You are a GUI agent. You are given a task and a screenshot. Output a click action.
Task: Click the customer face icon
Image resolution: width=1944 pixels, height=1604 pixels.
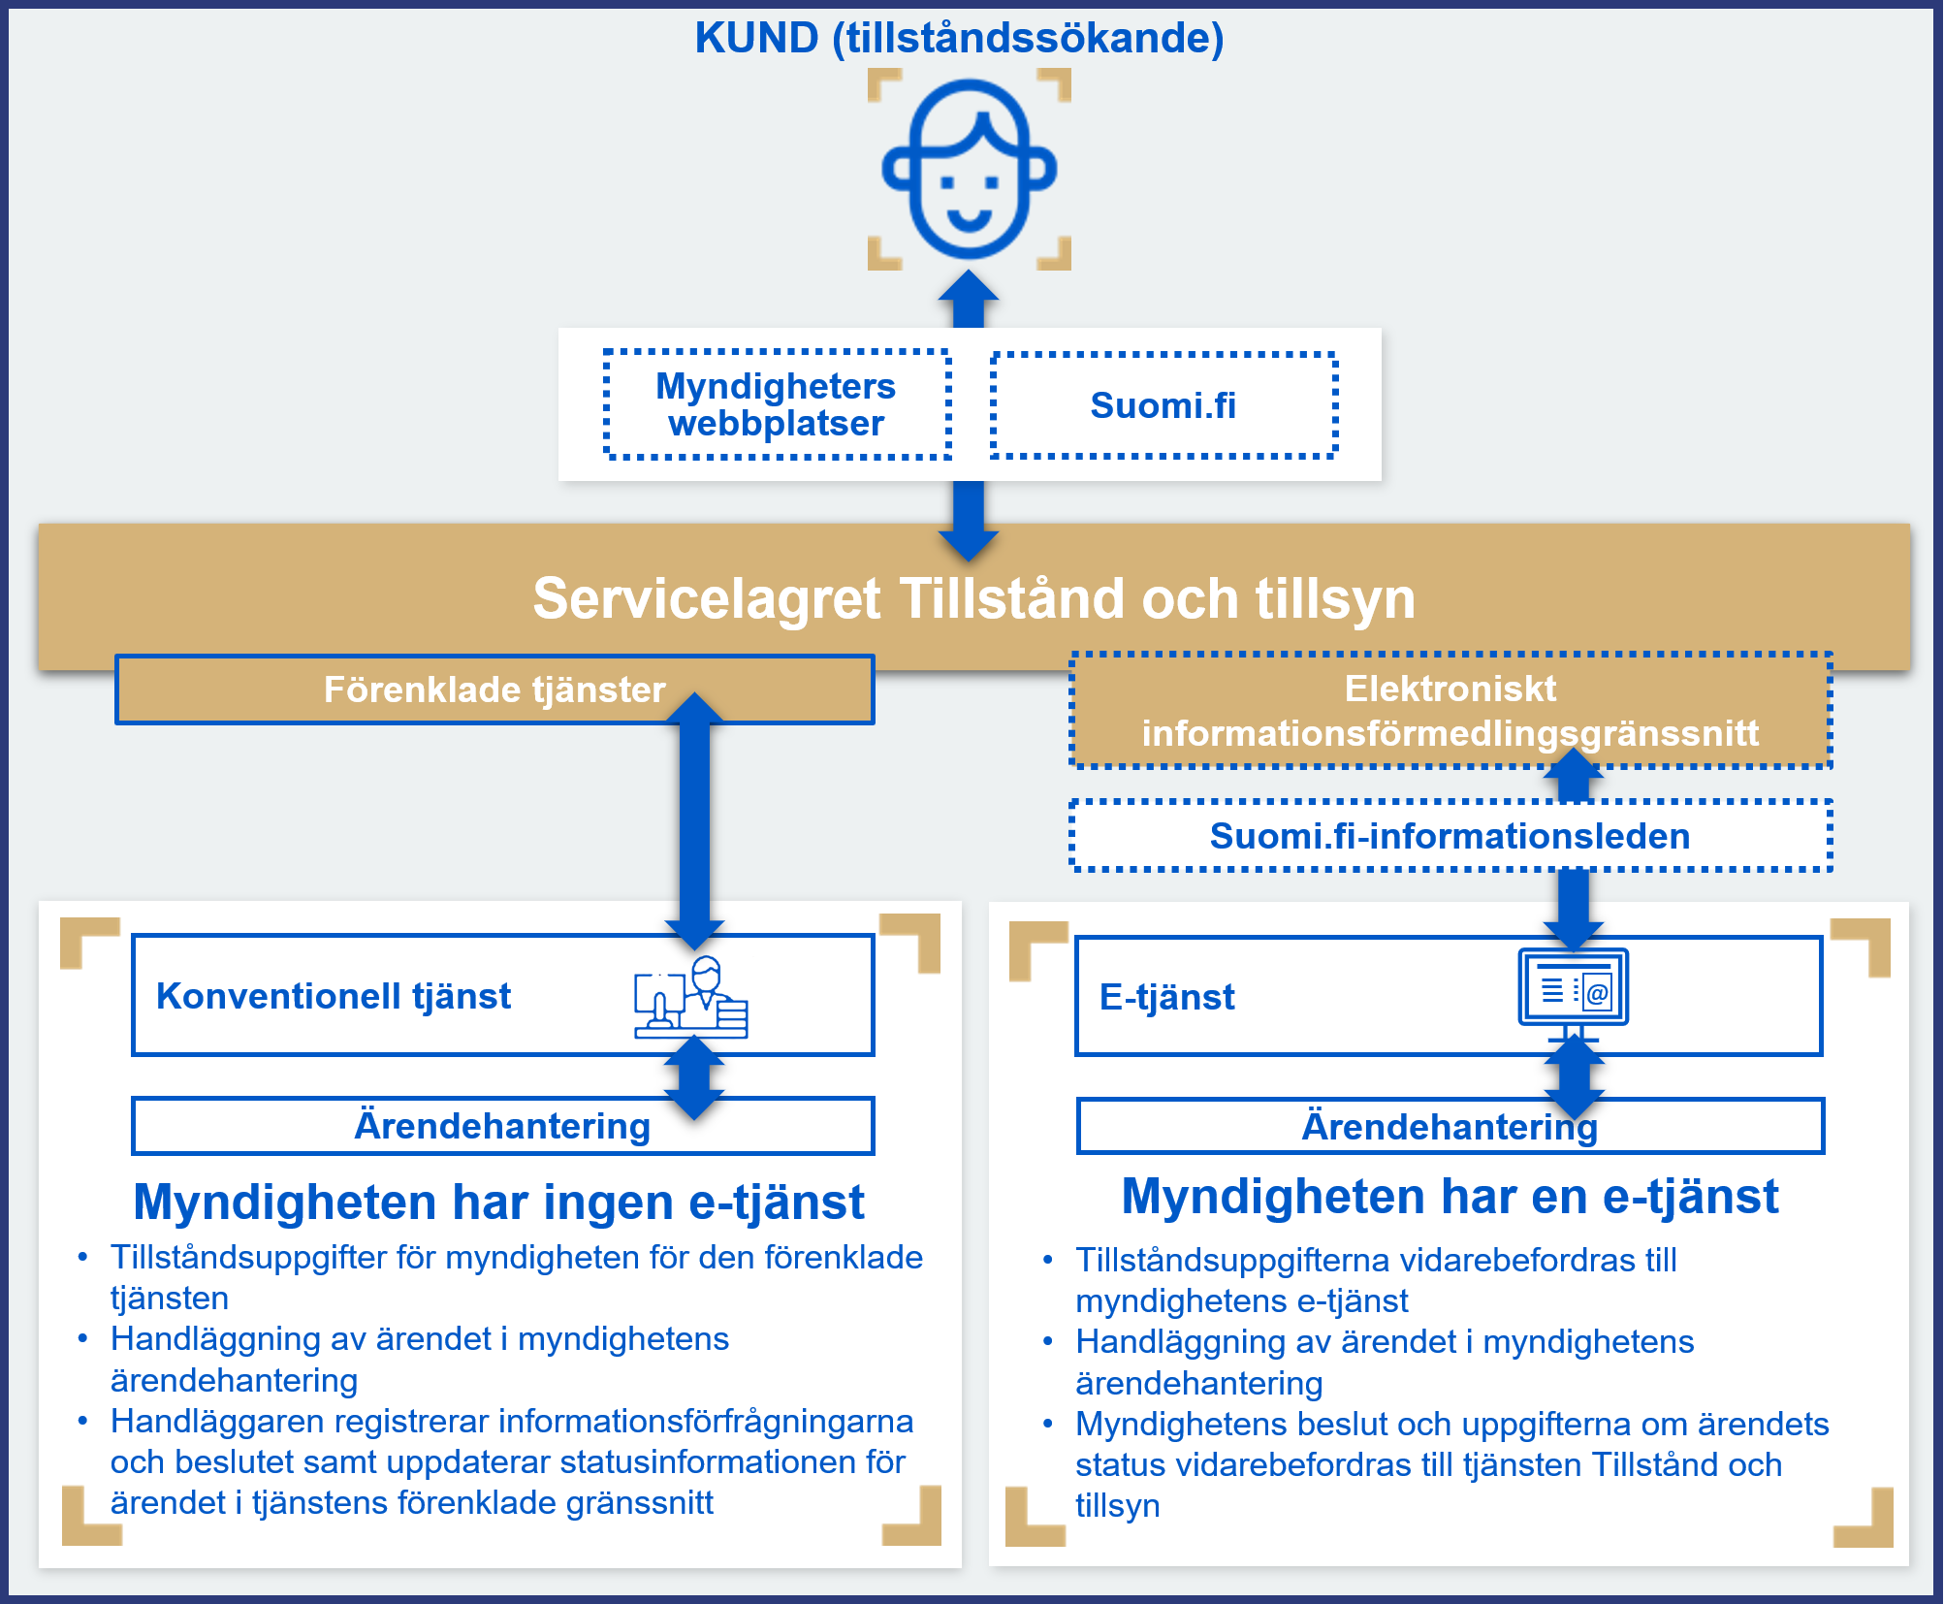tap(969, 170)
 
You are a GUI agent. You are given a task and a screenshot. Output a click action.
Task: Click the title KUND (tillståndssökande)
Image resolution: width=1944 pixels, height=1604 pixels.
tap(959, 38)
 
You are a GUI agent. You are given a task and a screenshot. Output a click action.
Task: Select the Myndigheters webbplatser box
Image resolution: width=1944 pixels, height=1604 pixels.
tap(777, 404)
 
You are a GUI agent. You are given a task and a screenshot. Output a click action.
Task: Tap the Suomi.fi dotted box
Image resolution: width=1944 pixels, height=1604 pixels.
tap(1163, 405)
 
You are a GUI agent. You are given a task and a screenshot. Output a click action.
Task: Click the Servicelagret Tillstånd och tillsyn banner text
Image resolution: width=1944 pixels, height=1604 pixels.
tap(973, 597)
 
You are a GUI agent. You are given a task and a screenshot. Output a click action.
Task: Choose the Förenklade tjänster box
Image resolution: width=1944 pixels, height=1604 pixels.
tap(494, 690)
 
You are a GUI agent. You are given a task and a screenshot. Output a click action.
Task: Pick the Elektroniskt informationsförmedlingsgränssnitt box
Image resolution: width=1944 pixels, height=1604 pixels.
tap(1450, 711)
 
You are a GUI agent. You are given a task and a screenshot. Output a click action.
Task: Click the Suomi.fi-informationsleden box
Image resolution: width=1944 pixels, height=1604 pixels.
tap(1450, 836)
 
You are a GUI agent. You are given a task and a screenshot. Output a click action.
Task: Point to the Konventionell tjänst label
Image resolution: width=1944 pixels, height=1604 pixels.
tap(334, 996)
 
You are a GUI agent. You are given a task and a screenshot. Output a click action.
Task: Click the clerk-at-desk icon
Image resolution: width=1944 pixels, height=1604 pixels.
tap(691, 998)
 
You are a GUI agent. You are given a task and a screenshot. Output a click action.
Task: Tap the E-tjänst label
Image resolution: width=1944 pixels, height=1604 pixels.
tap(1167, 997)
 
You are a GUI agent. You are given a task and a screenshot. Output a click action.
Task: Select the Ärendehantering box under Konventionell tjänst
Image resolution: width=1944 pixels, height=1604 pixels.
tap(503, 1126)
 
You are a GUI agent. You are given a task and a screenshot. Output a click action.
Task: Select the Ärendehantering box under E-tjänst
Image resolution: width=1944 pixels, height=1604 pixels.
tap(1450, 1126)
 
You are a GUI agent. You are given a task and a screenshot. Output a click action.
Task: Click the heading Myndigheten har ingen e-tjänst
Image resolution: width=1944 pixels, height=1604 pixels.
tap(498, 1203)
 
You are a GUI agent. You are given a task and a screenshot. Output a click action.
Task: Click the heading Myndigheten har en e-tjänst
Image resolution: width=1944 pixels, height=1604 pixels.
tap(1450, 1197)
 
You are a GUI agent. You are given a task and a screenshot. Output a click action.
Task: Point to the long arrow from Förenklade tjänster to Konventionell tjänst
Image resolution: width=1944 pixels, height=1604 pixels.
tap(695, 820)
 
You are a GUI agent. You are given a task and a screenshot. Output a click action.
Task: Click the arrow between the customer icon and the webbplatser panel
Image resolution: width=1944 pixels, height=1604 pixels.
tap(969, 299)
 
